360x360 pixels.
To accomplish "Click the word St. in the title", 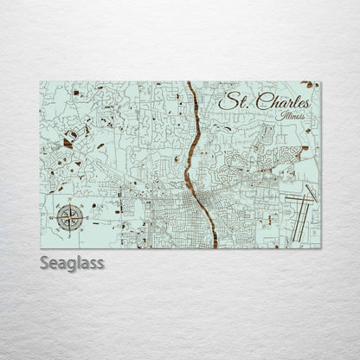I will [229, 102].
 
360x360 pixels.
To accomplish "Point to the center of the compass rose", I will [70, 217].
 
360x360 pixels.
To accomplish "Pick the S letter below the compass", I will [70, 235].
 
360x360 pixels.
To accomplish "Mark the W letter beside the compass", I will [53, 217].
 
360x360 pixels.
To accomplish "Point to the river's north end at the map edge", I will [188, 84].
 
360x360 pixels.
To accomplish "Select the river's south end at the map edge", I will [214, 246].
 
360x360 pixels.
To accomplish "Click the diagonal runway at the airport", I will [311, 192].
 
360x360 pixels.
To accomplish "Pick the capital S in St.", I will [224, 102].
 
